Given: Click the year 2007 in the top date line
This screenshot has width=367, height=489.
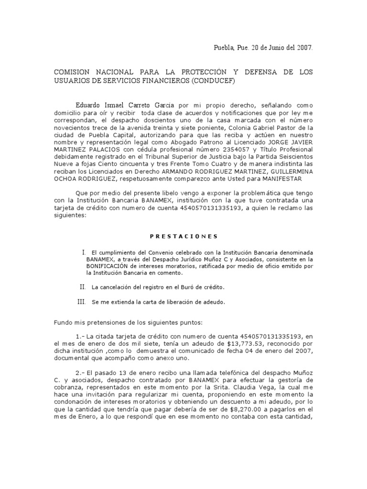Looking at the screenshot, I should pyautogui.click(x=304, y=48).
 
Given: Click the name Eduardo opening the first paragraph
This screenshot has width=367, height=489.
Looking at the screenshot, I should pyautogui.click(x=89, y=104).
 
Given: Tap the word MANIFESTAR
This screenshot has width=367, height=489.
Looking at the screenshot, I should pyautogui.click(x=282, y=179).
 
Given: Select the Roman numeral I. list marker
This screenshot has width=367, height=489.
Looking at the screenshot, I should pyautogui.click(x=84, y=252).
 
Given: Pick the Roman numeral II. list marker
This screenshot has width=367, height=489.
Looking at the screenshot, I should pyautogui.click(x=82, y=287).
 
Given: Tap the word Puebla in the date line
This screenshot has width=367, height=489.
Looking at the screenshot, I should pyautogui.click(x=223, y=48).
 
